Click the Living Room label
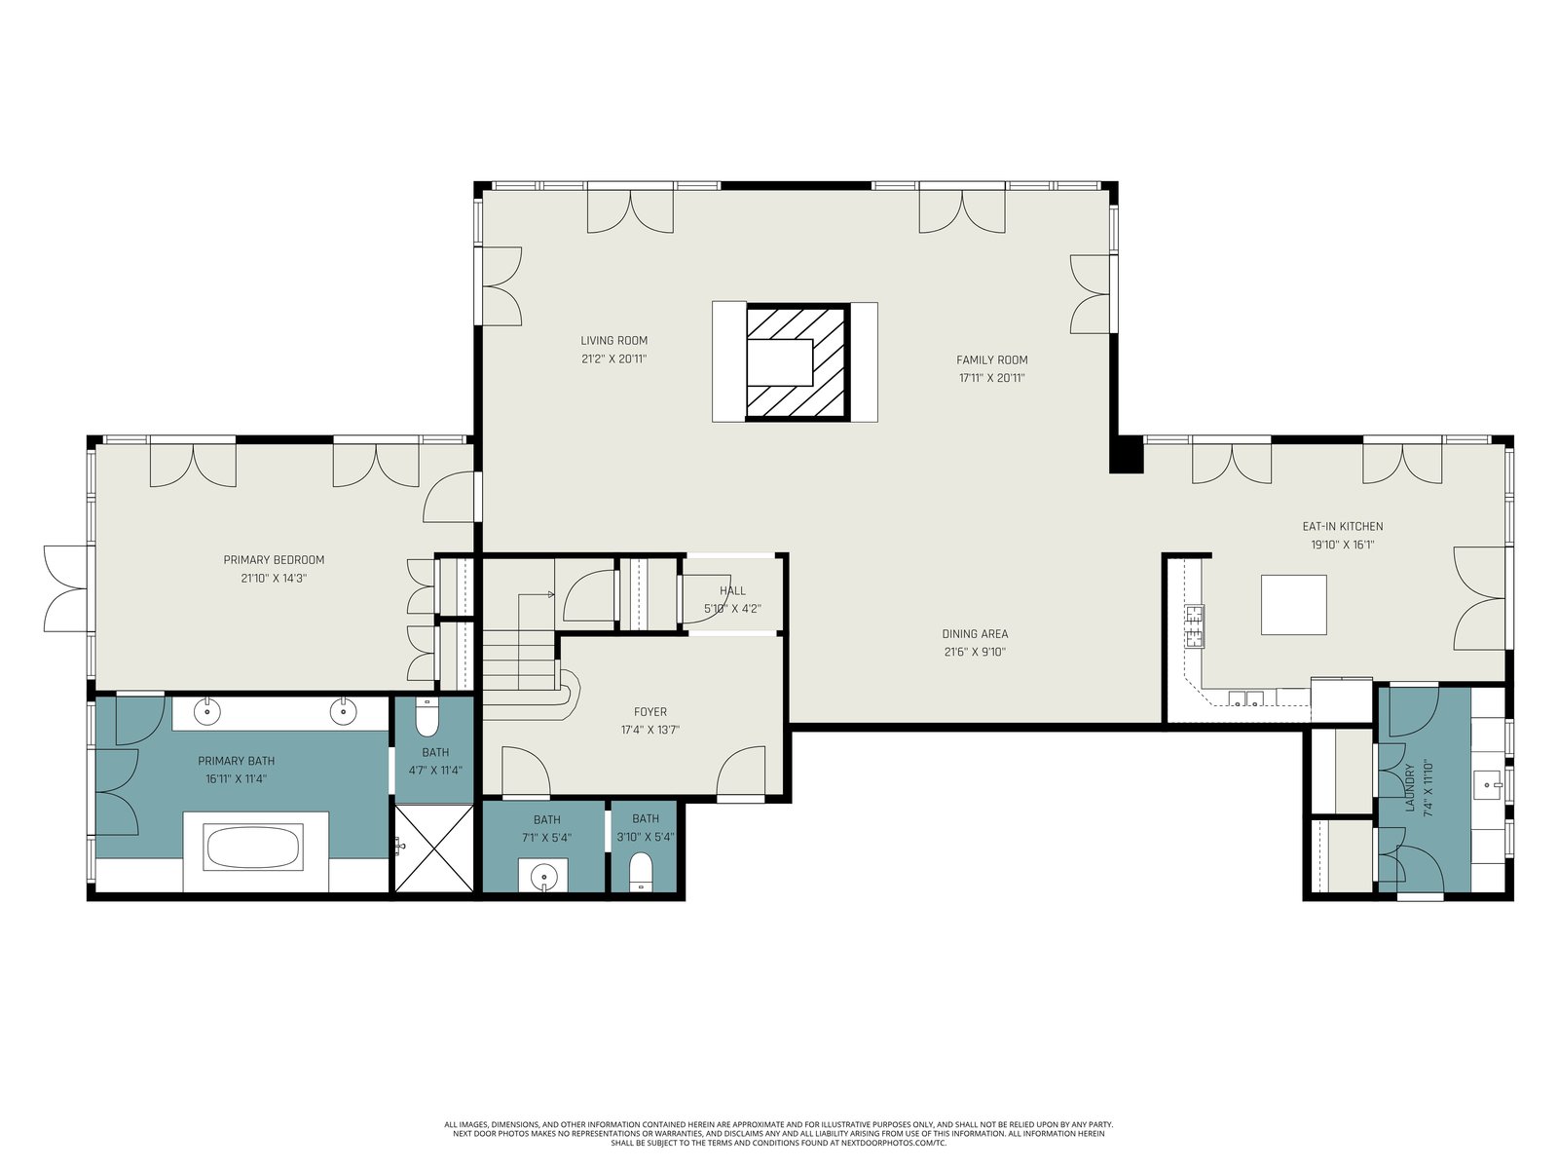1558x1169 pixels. pyautogui.click(x=613, y=341)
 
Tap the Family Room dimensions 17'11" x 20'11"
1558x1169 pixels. pyautogui.click(x=991, y=378)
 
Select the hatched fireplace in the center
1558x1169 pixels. pyautogui.click(x=797, y=362)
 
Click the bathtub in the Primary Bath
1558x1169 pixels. pyautogui.click(x=252, y=847)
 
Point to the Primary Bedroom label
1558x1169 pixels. pyautogui.click(x=274, y=560)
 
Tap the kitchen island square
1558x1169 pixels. pyautogui.click(x=1293, y=605)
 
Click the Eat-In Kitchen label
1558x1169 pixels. pyautogui.click(x=1342, y=527)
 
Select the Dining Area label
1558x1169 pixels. pyautogui.click(x=975, y=634)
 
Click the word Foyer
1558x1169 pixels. pyautogui.click(x=650, y=712)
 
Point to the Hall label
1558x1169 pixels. pyautogui.click(x=732, y=590)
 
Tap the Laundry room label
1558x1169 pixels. pyautogui.click(x=1410, y=787)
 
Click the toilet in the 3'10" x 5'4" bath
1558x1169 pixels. pyautogui.click(x=641, y=872)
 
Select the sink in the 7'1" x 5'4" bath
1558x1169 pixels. pyautogui.click(x=543, y=875)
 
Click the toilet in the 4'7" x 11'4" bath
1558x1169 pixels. pyautogui.click(x=427, y=718)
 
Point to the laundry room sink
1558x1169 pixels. pyautogui.click(x=1488, y=785)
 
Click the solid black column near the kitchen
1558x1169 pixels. pyautogui.click(x=1127, y=455)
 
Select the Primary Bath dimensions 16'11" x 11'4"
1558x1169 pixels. pyautogui.click(x=236, y=779)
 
